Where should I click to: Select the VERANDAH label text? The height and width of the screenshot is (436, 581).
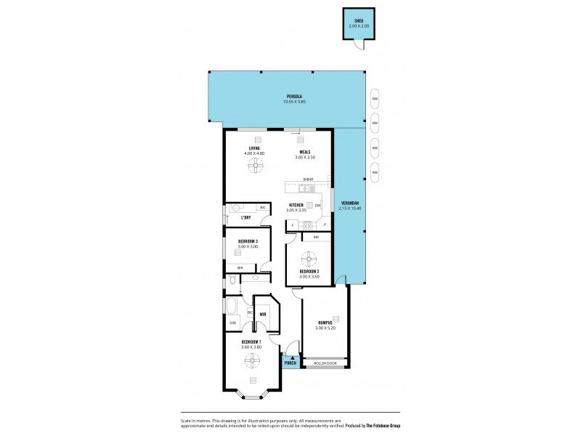[349, 203]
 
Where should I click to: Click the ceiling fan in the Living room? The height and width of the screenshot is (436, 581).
[254, 166]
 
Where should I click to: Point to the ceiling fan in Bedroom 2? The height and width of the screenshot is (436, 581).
[309, 257]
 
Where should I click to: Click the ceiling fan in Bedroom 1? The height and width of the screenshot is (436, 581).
[251, 358]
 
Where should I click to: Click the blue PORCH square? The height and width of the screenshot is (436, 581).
[290, 363]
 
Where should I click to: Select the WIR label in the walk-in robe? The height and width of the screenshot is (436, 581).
[262, 315]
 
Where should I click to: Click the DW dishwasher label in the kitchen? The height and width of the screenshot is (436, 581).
[318, 206]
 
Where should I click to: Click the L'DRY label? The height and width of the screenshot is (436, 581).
[245, 217]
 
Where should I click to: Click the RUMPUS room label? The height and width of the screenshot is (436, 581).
[325, 323]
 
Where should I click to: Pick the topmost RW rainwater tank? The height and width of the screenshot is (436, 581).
[375, 100]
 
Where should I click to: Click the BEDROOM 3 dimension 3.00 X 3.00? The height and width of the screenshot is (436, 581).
[248, 246]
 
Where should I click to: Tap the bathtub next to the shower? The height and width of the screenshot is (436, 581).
[233, 305]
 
